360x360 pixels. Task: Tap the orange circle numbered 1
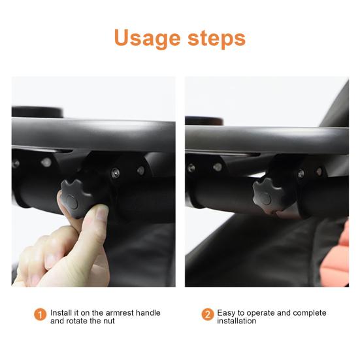click(x=41, y=315)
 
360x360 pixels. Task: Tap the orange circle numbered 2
click(x=208, y=315)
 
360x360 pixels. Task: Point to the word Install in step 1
click(x=61, y=313)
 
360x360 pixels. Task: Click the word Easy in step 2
click(x=227, y=313)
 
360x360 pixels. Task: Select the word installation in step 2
click(x=238, y=321)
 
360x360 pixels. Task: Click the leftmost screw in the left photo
click(x=16, y=164)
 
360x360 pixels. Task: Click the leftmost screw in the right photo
click(x=191, y=168)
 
